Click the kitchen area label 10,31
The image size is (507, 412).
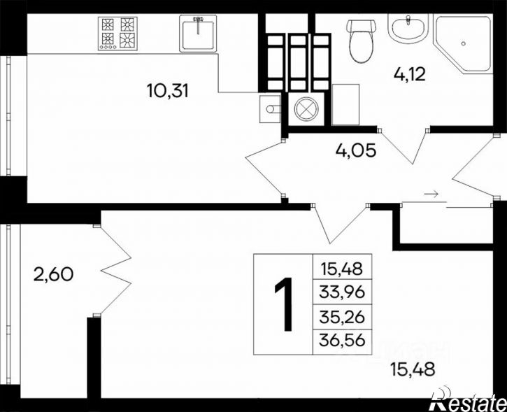coord(167,90)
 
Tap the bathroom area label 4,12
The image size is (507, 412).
coord(410,74)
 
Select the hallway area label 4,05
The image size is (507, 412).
coord(356,150)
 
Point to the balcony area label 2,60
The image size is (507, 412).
coord(53,275)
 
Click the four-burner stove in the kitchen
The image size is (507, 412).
coord(117,34)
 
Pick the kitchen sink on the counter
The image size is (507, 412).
coord(198,34)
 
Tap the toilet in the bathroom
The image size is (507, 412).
coord(361,41)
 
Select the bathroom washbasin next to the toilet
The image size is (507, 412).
coord(408,29)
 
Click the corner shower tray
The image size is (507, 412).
coord(463,43)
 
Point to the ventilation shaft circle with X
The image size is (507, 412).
coord(306,109)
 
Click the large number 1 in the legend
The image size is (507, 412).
coord(284,304)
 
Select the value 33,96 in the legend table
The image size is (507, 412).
coord(342,292)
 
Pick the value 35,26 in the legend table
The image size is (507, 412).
coord(342,318)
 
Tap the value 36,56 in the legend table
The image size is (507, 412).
coord(342,340)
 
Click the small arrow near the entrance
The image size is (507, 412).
coord(431,194)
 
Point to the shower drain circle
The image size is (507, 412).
coord(464,43)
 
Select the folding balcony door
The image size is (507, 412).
coord(115,271)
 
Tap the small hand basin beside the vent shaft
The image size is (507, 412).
coord(271,109)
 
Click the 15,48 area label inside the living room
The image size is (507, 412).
coord(413,369)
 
